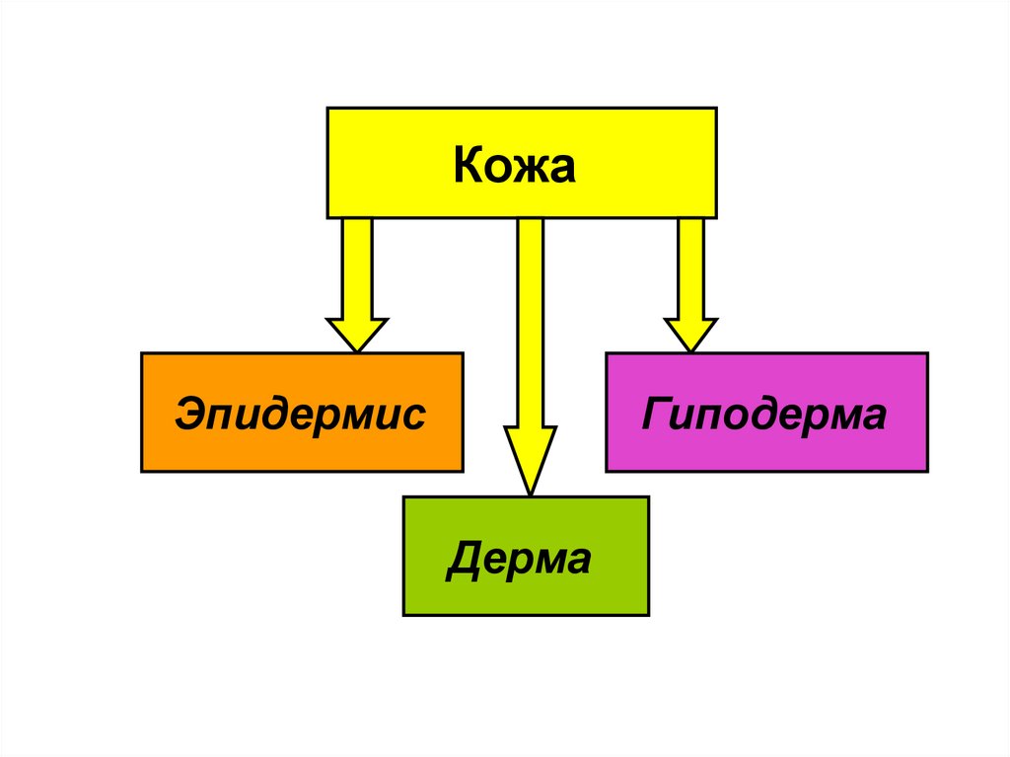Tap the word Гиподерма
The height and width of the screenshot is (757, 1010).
(x=764, y=415)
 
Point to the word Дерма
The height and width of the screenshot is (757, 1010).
(x=519, y=560)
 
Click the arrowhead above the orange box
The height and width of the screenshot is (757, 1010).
(x=357, y=334)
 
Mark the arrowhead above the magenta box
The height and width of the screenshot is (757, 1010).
(x=690, y=334)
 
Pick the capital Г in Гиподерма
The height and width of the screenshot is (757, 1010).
(x=655, y=415)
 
